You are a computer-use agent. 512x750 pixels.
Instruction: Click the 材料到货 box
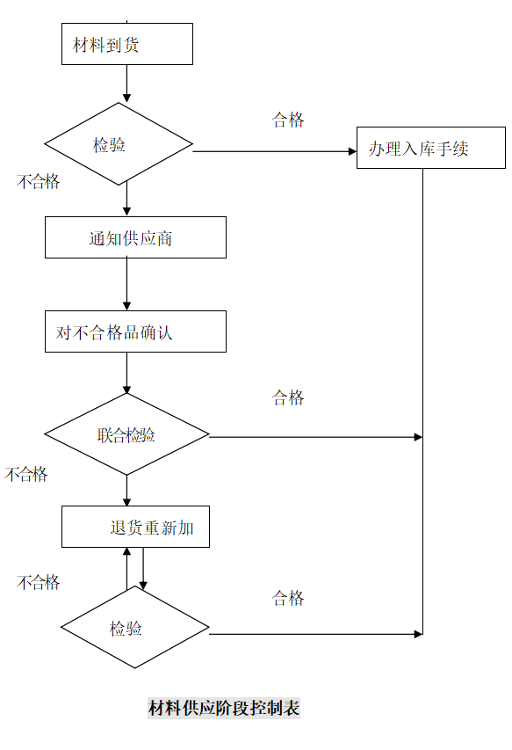click(x=126, y=44)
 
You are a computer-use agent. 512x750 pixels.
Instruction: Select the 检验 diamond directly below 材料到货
click(x=119, y=144)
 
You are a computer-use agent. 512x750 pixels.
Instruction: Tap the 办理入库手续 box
click(x=430, y=148)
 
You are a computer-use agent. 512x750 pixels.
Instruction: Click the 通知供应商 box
click(x=135, y=237)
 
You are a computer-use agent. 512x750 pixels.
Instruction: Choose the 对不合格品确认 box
click(x=135, y=331)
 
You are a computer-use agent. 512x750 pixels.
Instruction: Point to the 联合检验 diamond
click(x=126, y=434)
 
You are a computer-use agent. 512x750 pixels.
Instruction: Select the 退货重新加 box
click(x=135, y=527)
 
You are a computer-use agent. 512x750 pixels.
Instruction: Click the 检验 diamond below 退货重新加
click(x=134, y=628)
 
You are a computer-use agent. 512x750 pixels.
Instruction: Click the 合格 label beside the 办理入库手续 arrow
click(x=288, y=120)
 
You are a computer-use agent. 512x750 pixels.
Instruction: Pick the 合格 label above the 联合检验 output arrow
click(x=288, y=397)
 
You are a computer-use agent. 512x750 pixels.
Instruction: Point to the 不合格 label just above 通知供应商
click(x=39, y=181)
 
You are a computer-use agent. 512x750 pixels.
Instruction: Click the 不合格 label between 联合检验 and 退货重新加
click(x=26, y=474)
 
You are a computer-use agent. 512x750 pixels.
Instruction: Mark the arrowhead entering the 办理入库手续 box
click(x=351, y=151)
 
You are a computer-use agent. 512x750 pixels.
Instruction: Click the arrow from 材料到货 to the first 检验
click(x=126, y=84)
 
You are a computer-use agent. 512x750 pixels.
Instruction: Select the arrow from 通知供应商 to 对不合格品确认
click(x=126, y=284)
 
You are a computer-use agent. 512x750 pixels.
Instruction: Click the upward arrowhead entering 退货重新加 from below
click(x=126, y=552)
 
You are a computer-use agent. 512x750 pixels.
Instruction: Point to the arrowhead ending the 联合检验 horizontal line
click(x=418, y=437)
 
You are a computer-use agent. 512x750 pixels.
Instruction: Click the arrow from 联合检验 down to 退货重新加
click(x=126, y=490)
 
